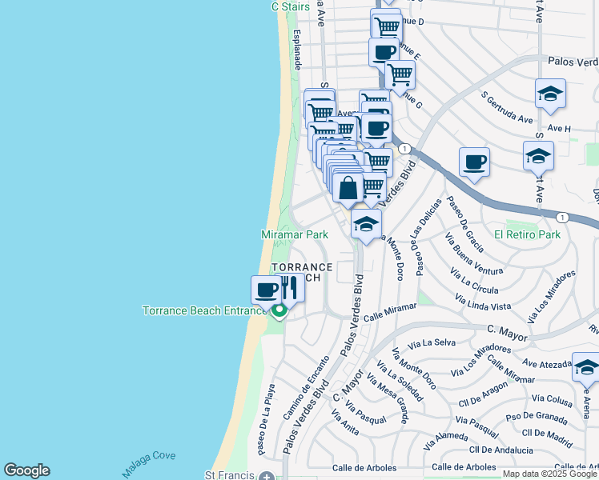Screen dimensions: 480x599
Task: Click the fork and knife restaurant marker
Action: [288, 288]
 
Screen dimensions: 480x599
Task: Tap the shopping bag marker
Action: [348, 190]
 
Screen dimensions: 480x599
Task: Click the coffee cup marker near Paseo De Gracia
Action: [475, 162]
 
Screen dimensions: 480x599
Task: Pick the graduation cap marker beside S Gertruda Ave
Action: [551, 94]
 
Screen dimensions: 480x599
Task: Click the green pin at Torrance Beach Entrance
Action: [279, 310]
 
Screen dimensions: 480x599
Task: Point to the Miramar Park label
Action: [295, 235]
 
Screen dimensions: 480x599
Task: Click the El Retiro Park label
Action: [527, 235]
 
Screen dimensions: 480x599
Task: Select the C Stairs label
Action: [289, 6]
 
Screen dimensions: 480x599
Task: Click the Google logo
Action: [26, 470]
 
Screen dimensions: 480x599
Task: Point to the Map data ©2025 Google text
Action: [549, 474]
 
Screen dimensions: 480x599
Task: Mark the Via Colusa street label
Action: [552, 398]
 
